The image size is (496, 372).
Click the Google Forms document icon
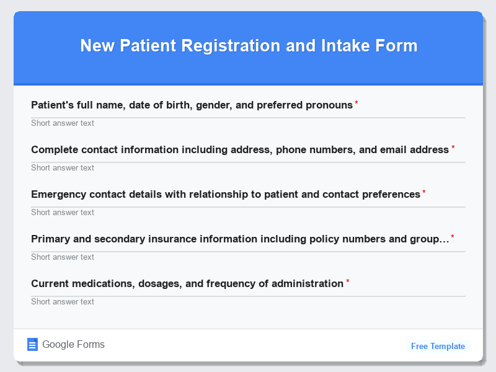tap(33, 345)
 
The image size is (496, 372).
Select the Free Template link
tap(438, 346)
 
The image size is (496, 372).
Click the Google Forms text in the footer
tap(73, 345)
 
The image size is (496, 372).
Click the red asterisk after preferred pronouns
tap(356, 104)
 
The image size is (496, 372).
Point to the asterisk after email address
tap(453, 148)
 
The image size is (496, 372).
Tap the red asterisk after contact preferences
tap(424, 193)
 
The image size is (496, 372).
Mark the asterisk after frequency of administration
tap(347, 282)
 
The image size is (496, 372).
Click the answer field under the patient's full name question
tap(248, 123)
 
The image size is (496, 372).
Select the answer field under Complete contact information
tap(248, 167)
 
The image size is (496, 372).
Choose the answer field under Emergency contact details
tap(248, 212)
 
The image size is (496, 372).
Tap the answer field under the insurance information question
tap(248, 257)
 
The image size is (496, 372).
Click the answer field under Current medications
tap(248, 301)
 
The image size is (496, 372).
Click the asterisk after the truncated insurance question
tap(453, 237)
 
